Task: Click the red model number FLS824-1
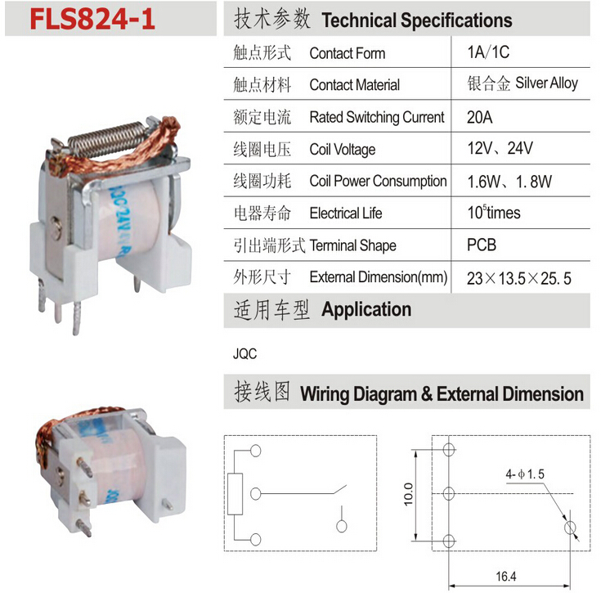point(92,19)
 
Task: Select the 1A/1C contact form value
point(488,52)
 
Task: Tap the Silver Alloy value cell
point(523,83)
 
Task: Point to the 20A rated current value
point(479,117)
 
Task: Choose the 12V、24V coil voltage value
point(500,148)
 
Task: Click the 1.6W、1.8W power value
point(509,182)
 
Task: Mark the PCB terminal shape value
point(482,245)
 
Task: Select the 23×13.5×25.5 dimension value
point(519,278)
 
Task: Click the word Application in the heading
point(366,309)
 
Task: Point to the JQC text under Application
point(244,353)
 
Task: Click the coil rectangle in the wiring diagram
point(235,494)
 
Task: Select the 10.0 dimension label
point(408,494)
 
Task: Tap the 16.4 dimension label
point(506,576)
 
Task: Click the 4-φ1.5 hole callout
point(525,474)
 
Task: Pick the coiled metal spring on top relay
point(109,140)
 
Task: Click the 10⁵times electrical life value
point(494,213)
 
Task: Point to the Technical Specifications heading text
point(417,20)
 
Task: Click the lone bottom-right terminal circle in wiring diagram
point(342,526)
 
